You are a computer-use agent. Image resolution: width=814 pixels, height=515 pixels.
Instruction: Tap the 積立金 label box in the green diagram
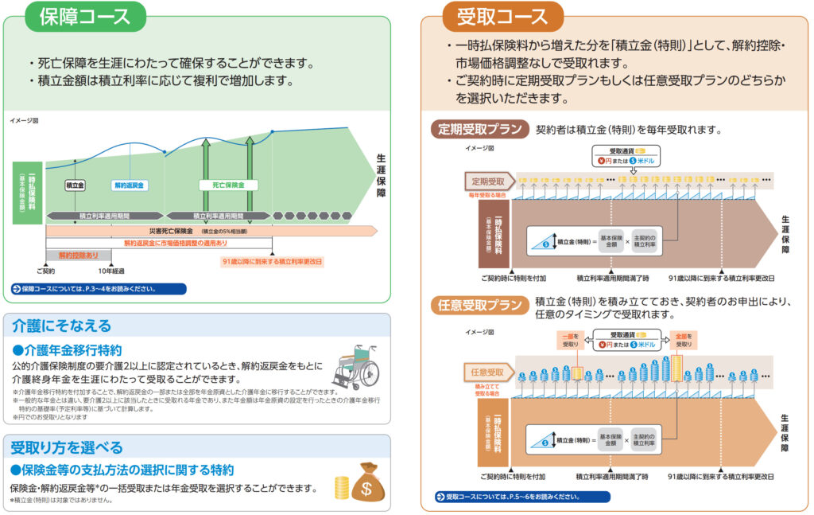pos(75,185)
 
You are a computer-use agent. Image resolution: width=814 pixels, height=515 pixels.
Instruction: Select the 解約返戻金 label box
pos(130,185)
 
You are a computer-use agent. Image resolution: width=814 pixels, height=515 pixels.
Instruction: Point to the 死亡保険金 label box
pos(227,185)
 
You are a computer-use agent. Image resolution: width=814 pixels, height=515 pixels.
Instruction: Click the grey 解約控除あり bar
pos(79,256)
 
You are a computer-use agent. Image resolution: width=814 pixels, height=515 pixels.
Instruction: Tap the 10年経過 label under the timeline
pos(111,271)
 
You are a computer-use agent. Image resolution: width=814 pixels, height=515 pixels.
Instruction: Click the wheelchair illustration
pos(355,366)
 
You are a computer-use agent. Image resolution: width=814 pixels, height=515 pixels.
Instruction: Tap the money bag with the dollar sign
pos(367,481)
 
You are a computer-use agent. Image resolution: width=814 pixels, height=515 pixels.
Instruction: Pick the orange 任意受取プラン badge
pos(479,305)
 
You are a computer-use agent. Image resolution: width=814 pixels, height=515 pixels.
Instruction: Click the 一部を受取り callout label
pos(571,340)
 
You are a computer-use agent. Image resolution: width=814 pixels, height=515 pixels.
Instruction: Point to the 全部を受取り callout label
pos(683,340)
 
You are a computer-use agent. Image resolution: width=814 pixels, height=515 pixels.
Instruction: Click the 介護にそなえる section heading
pos(61,326)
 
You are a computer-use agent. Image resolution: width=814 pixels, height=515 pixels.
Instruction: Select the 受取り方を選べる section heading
pos(67,447)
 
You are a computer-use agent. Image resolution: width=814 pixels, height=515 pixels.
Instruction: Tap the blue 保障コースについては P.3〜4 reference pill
pos(98,289)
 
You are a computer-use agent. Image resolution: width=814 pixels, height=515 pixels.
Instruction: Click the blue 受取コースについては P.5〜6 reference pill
pos(522,497)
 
